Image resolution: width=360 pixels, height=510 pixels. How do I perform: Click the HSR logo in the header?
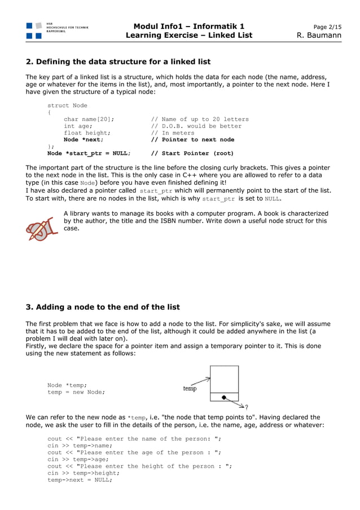tap(34, 30)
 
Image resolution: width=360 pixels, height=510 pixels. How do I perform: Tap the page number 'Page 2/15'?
tap(327, 27)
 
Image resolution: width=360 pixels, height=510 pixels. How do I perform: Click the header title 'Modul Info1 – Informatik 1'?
tap(188, 26)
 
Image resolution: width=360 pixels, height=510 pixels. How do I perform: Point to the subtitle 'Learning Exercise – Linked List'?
tap(188, 36)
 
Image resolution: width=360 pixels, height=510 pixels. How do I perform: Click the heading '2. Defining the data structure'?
tap(118, 62)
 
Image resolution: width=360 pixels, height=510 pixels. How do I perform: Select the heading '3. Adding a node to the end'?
tap(103, 307)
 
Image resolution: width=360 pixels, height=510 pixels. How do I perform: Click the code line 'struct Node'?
tap(67, 105)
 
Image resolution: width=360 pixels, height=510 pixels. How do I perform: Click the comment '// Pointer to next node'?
tap(192, 140)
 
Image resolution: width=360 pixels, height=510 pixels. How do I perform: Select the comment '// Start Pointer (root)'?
tap(192, 153)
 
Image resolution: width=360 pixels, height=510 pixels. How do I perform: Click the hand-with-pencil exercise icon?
tap(42, 226)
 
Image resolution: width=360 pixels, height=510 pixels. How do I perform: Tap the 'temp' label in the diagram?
tap(190, 389)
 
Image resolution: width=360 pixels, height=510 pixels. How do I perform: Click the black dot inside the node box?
tap(223, 398)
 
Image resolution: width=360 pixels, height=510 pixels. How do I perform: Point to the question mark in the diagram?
tap(246, 407)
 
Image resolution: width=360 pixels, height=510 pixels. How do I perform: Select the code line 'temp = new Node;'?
tap(76, 392)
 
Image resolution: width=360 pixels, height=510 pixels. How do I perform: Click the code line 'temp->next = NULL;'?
tap(80, 480)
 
